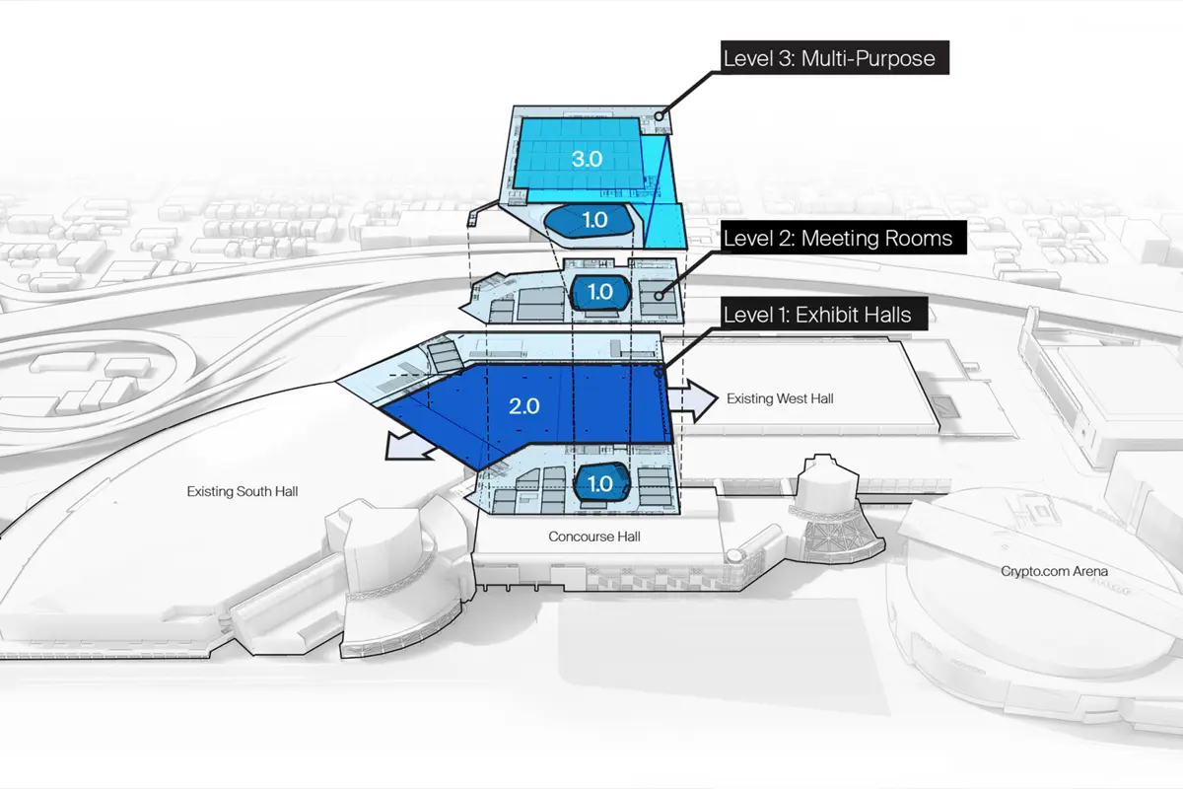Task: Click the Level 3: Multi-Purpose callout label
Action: (834, 57)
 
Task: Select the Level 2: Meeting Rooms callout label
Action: (844, 238)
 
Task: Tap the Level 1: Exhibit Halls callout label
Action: (824, 314)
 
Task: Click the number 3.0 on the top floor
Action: (587, 159)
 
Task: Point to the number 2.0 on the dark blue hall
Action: (523, 406)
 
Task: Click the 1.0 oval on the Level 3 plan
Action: (590, 220)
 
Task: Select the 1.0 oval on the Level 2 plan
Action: (600, 292)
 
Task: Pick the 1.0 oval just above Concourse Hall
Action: (601, 483)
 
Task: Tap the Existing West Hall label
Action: (780, 398)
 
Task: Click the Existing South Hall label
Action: (243, 491)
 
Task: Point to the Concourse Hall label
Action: (594, 537)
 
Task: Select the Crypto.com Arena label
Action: (1054, 571)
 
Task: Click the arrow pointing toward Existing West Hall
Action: (693, 400)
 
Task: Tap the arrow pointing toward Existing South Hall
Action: (409, 447)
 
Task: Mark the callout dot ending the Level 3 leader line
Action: (660, 115)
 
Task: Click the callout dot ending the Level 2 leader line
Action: (659, 296)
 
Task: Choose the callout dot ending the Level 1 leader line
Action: (659, 373)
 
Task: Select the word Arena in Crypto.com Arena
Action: (1090, 571)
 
